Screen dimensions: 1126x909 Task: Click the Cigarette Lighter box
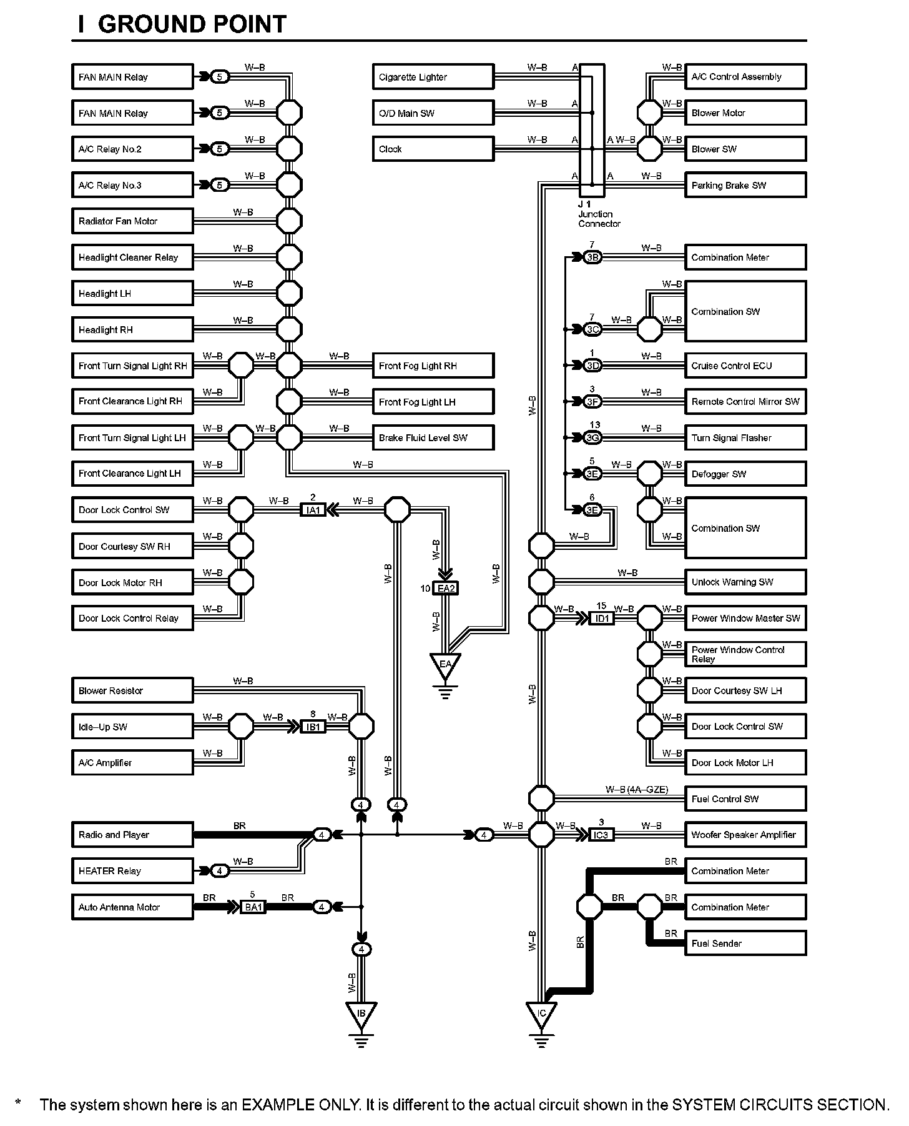tap(433, 77)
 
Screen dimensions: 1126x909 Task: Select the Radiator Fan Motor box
tap(132, 221)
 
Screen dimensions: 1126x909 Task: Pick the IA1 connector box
tap(313, 510)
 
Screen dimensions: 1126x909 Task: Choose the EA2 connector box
tap(446, 589)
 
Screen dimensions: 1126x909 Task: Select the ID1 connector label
tap(602, 619)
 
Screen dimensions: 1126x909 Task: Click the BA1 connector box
tap(253, 907)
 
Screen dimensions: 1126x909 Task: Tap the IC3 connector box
tap(601, 835)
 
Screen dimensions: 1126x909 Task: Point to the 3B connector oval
tap(592, 257)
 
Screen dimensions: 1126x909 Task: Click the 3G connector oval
tap(592, 438)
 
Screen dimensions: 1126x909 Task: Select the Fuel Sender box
tap(745, 944)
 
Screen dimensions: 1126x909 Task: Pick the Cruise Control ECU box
tap(745, 366)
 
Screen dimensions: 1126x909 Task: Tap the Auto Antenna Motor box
tap(132, 907)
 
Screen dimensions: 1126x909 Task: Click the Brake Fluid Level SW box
tap(433, 438)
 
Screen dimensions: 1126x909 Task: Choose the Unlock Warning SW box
tap(745, 582)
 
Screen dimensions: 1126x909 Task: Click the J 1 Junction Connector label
tap(599, 214)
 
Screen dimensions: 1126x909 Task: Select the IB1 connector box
tap(313, 727)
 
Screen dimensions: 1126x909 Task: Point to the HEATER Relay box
tap(132, 871)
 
